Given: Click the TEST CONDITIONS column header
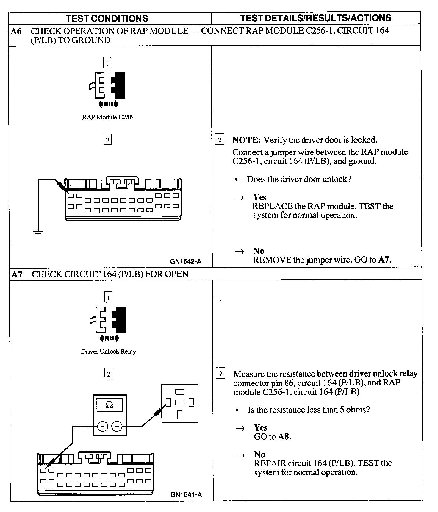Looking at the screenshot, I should [x=107, y=18].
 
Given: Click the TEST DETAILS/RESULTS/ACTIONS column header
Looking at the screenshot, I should [x=316, y=18].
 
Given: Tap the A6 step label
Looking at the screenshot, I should [x=16, y=31].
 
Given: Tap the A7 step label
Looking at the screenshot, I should [x=17, y=274].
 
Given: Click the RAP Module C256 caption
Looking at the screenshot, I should [x=107, y=117].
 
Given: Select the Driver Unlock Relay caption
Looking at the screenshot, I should [x=108, y=352].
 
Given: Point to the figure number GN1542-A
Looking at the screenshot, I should [x=186, y=261].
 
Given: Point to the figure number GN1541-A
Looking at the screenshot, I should [x=186, y=494].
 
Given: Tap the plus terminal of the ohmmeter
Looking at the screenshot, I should [x=103, y=427].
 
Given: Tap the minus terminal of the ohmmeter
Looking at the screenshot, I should [x=117, y=427].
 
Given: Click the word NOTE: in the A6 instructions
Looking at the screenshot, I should [x=246, y=140].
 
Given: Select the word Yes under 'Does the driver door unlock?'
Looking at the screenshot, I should [x=260, y=197].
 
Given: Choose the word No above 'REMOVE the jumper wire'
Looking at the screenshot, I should [x=259, y=251].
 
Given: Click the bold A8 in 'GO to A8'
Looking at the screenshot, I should [x=284, y=437].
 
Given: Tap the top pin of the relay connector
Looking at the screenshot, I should [x=180, y=392].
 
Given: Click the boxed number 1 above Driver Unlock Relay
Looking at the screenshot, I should [x=108, y=297].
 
